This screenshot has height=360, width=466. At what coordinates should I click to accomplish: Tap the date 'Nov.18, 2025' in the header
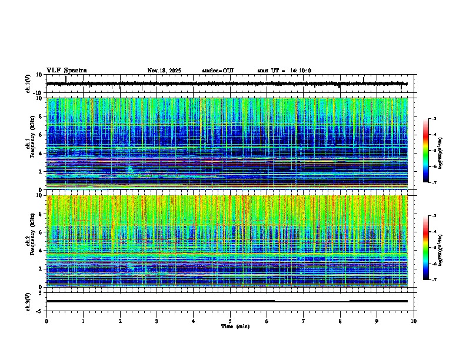[164, 71]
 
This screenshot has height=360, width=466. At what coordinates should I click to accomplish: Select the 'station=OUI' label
[218, 71]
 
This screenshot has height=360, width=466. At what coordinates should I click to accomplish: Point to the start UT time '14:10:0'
[300, 71]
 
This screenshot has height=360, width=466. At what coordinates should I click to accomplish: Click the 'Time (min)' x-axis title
[235, 326]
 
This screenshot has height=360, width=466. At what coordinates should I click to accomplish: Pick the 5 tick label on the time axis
[230, 321]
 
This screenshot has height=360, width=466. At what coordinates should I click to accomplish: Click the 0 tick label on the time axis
[46, 321]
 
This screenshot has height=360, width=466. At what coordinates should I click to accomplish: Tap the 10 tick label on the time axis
[414, 321]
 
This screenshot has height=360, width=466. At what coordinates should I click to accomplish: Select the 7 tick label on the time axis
[304, 321]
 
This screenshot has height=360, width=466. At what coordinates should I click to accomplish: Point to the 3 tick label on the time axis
[157, 321]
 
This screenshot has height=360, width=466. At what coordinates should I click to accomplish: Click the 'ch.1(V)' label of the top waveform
[28, 84]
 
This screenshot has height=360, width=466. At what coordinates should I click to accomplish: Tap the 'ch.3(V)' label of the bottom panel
[28, 301]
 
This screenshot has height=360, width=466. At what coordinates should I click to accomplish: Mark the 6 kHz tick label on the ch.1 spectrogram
[41, 135]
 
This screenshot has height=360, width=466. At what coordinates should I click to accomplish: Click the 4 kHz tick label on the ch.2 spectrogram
[41, 251]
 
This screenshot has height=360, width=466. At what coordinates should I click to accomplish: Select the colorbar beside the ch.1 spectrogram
[427, 151]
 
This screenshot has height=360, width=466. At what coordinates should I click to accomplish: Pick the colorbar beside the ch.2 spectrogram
[427, 248]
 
